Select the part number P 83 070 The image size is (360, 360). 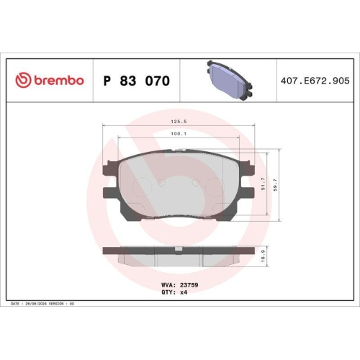click(137, 81)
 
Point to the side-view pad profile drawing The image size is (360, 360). click(180, 253)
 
